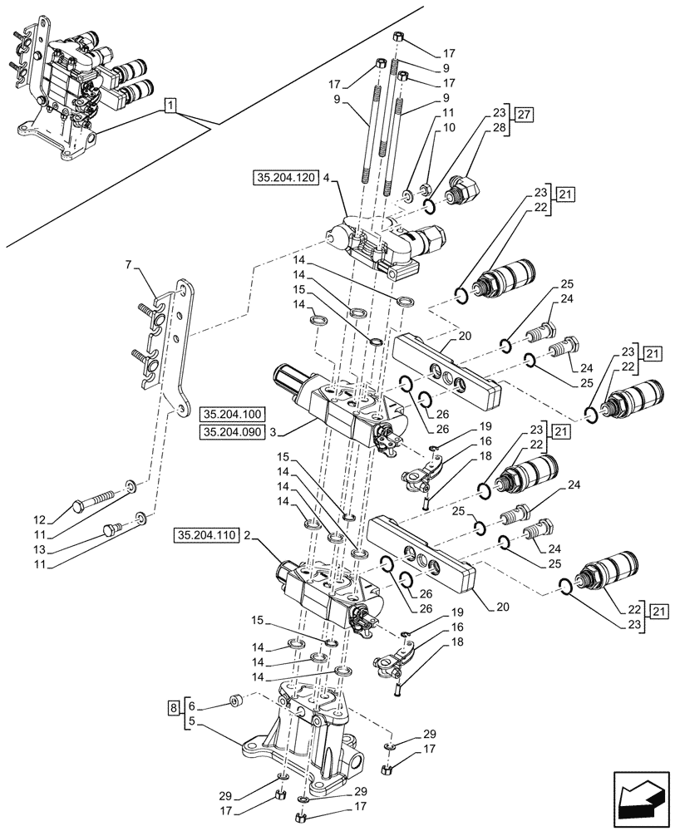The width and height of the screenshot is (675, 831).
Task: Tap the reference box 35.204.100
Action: pyautogui.click(x=230, y=413)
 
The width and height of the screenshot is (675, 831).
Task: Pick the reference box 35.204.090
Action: pyautogui.click(x=230, y=431)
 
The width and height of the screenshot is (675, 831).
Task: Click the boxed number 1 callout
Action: pyautogui.click(x=170, y=105)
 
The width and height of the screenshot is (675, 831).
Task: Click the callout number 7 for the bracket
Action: pyautogui.click(x=128, y=264)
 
